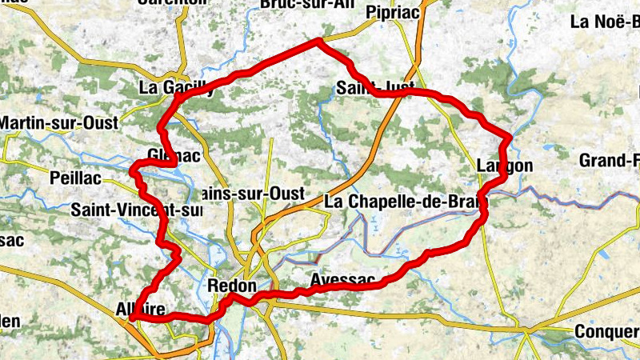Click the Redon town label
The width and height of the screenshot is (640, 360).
(x=231, y=286)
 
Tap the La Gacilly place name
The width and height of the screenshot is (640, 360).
(x=176, y=87)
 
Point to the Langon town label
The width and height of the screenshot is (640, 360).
(x=504, y=166)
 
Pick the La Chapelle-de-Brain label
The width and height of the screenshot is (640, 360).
(x=395, y=202)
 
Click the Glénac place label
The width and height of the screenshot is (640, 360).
(x=173, y=155)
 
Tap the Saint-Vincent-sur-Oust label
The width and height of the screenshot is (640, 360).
(x=136, y=210)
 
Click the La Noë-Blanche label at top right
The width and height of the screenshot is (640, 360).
(x=604, y=22)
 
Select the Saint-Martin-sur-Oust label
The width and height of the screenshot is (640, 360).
(x=58, y=122)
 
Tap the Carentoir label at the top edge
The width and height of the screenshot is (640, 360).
(x=172, y=2)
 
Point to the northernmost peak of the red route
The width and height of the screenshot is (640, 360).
(x=320, y=40)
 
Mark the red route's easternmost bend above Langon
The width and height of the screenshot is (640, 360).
(x=507, y=138)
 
